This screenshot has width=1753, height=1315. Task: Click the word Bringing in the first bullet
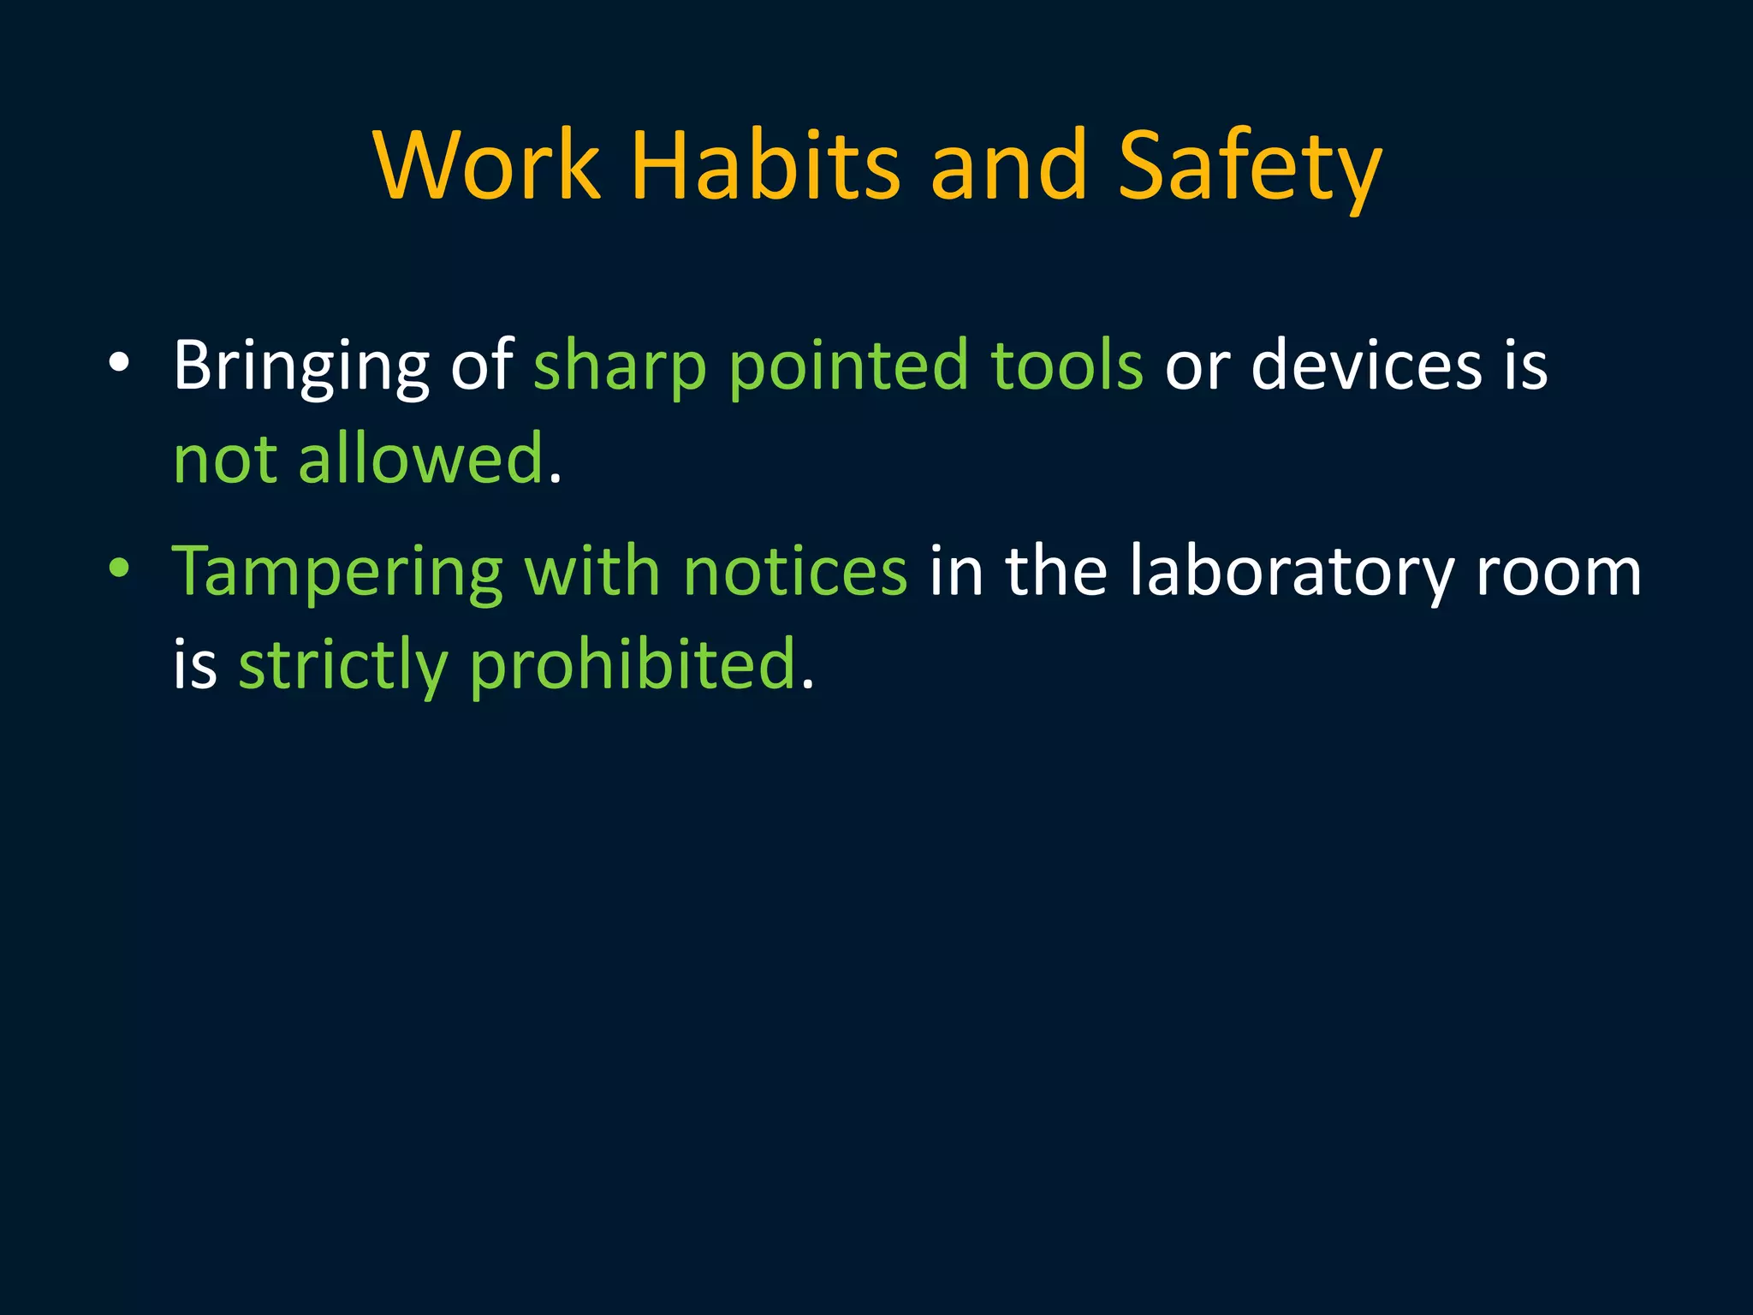click(x=300, y=366)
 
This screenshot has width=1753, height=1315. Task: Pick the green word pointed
click(x=848, y=366)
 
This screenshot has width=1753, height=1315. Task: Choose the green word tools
click(x=1067, y=366)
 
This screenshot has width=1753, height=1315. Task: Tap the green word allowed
click(x=421, y=460)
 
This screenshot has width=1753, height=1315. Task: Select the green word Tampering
click(x=337, y=572)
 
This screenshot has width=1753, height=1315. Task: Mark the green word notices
click(x=795, y=572)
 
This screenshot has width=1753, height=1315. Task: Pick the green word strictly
click(x=343, y=665)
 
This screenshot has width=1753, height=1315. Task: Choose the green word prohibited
click(x=633, y=665)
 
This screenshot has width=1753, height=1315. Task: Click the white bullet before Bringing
click(x=119, y=363)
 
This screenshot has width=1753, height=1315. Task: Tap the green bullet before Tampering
click(x=119, y=568)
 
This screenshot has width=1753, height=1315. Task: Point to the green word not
click(x=225, y=460)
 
